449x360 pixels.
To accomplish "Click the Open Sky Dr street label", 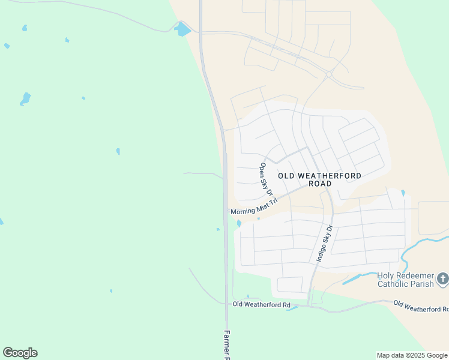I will [x=266, y=179].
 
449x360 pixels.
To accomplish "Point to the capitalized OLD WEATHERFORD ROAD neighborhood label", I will [x=320, y=179].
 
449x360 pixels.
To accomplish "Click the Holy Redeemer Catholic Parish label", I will [x=405, y=280].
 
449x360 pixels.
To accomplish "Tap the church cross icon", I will [x=443, y=278].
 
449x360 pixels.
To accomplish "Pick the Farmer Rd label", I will [x=227, y=344].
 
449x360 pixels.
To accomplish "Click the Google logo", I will [x=20, y=353].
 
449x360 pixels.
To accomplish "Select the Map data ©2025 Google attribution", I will [x=412, y=355].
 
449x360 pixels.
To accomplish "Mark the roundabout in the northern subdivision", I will [x=329, y=74].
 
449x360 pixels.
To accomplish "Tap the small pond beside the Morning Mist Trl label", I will [x=239, y=224].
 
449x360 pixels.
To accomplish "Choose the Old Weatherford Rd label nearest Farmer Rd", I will [x=261, y=305].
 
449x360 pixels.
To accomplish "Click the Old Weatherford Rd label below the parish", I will [x=420, y=307].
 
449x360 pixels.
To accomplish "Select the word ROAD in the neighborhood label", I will [x=320, y=184].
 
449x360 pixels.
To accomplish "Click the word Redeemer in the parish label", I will [x=414, y=275].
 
